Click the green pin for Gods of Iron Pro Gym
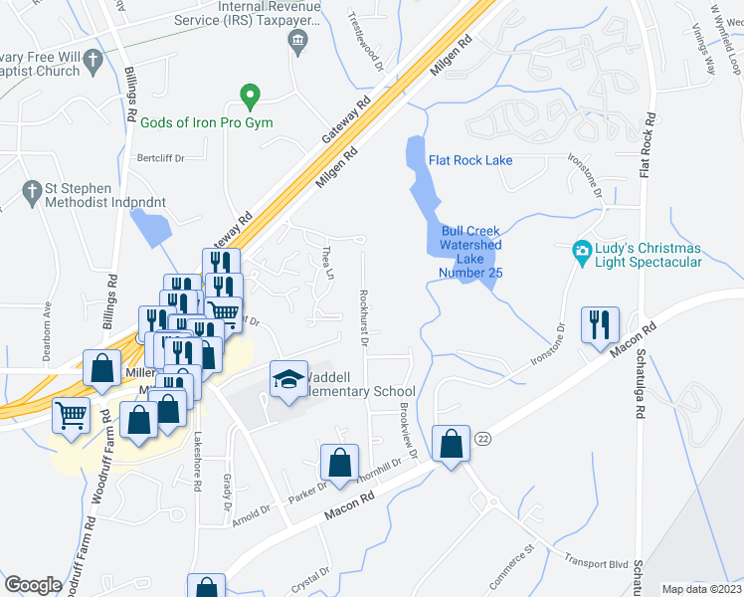pos(251,98)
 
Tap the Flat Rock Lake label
pos(471,159)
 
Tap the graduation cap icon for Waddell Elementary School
pos(288,379)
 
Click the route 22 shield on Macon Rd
pos(483,438)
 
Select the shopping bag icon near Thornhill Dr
pos(339,463)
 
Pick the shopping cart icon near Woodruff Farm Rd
pos(72,416)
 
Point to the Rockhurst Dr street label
pos(365,316)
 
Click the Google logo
pos(33,585)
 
